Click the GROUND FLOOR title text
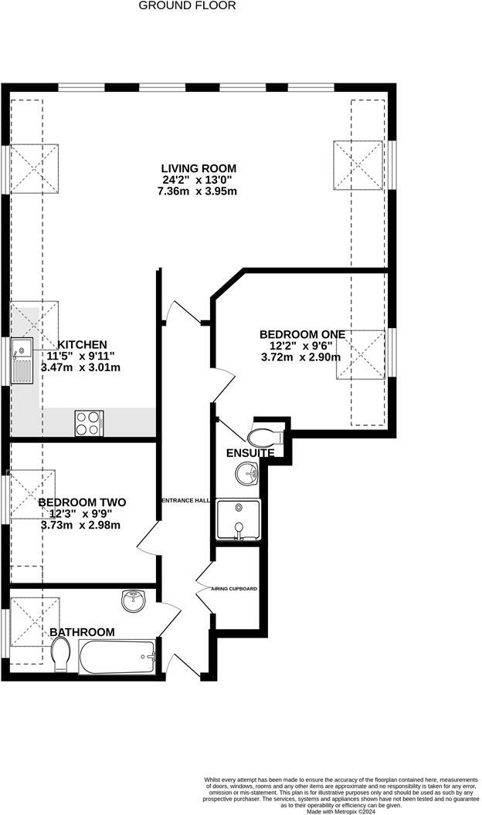[187, 5]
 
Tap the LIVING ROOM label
[199, 168]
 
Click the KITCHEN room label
[82, 344]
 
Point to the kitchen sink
[22, 361]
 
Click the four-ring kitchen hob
[90, 423]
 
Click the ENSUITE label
[249, 453]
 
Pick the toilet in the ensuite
[267, 438]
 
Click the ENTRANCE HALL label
[185, 501]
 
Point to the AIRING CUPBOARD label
[234, 589]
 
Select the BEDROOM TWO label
[82, 502]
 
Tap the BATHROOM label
[82, 632]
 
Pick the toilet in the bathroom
[61, 659]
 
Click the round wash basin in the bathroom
[133, 599]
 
